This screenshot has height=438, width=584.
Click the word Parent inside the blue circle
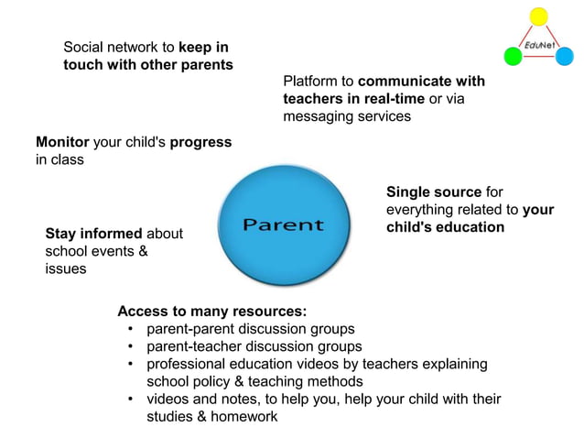[x=283, y=224]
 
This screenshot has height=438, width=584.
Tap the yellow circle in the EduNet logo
[x=539, y=16]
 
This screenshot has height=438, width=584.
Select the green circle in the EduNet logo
[x=513, y=57]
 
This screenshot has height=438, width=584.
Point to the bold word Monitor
[x=62, y=142]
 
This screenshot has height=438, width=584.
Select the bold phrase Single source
[x=434, y=192]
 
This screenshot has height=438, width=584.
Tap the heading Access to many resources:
[x=206, y=311]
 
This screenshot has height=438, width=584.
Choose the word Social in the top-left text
[x=84, y=47]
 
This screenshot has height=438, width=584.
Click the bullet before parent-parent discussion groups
[x=132, y=329]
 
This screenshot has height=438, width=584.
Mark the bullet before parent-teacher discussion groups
[x=132, y=346]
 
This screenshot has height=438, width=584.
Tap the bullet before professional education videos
[x=132, y=364]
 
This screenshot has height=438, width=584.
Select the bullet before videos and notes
[x=132, y=399]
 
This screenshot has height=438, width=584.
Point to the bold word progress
[x=200, y=142]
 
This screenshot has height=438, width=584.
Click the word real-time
[x=394, y=99]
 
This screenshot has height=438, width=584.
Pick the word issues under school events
[x=66, y=268]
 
